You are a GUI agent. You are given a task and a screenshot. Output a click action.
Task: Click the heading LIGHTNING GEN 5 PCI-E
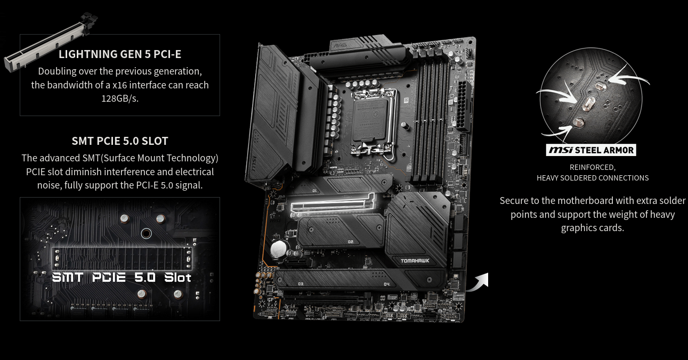click(x=120, y=54)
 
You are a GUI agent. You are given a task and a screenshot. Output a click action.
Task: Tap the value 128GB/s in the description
click(x=120, y=99)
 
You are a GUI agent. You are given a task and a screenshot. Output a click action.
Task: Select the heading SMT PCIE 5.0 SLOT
click(x=120, y=141)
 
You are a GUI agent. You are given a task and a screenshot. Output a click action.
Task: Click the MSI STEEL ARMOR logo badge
click(x=591, y=150)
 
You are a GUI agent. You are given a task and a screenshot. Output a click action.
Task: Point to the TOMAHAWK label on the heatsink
click(x=415, y=261)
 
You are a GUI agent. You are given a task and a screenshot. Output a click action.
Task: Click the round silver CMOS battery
click(x=279, y=249)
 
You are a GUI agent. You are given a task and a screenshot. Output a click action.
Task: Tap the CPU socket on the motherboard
click(x=374, y=121)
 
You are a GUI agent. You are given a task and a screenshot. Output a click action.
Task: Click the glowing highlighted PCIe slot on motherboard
click(x=333, y=203)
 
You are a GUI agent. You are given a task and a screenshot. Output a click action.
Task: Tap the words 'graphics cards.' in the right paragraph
click(x=593, y=228)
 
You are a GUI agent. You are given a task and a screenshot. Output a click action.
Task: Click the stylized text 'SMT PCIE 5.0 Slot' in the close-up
click(x=122, y=277)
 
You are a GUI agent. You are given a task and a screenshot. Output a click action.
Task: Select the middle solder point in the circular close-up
click(x=588, y=103)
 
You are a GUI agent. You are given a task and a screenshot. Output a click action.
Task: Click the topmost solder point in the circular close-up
click(x=601, y=86)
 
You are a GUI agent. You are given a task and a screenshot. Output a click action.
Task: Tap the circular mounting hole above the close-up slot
click(x=146, y=234)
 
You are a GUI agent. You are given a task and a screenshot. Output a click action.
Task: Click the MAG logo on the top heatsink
click(x=340, y=45)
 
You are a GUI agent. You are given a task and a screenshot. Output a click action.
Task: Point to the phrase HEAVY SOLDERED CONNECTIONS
click(x=593, y=178)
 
